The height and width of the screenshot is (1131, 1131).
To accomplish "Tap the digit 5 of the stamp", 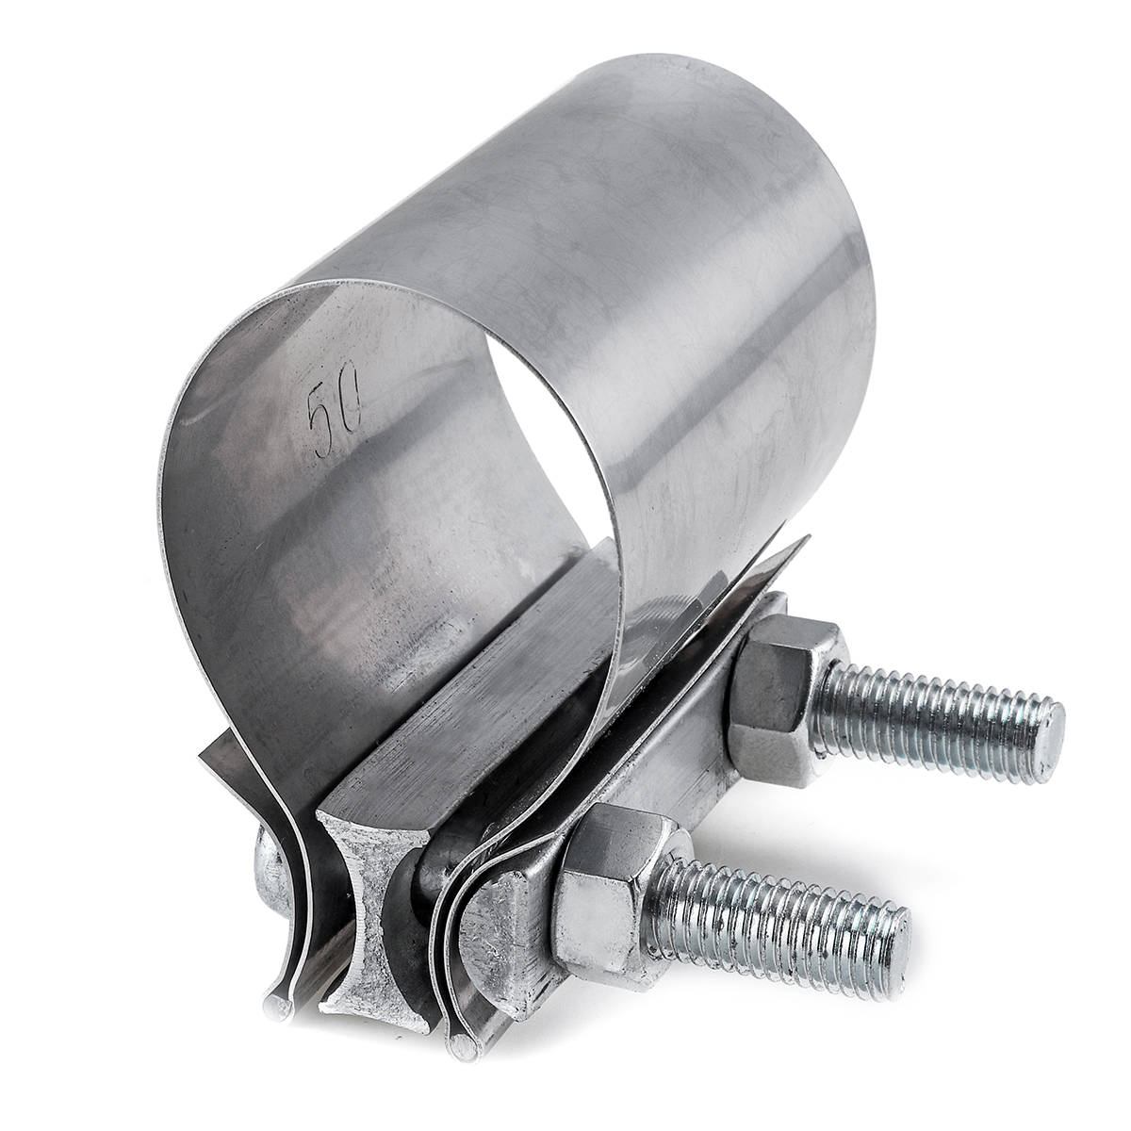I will click(x=321, y=416).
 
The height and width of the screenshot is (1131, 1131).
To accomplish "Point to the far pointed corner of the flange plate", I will click(x=806, y=542).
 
